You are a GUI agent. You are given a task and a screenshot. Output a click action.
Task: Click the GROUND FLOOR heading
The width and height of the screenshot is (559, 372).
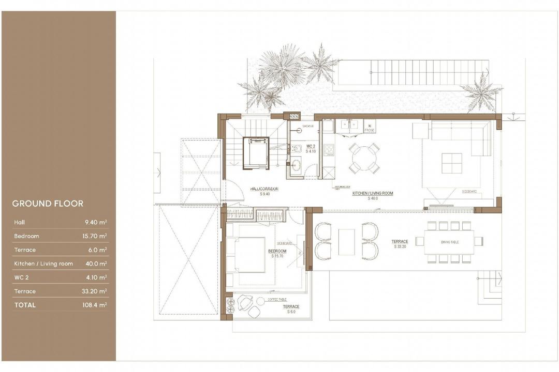coord(48,204)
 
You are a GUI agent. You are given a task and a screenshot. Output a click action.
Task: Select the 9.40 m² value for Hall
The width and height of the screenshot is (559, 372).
coord(96,222)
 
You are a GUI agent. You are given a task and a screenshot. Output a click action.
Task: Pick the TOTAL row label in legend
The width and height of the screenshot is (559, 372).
coord(25,305)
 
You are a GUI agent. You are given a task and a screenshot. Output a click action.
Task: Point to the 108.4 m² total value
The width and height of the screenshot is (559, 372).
coord(95,305)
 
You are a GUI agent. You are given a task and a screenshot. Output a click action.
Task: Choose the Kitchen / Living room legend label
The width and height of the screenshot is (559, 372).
coord(43,263)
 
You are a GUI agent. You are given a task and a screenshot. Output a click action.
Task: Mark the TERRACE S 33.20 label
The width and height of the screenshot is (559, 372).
coord(400,243)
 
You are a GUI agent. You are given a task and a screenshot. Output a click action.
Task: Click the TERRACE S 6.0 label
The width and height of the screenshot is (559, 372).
coord(291,309)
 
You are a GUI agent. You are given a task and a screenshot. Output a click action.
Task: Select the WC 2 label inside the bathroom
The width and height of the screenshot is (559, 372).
coord(311,149)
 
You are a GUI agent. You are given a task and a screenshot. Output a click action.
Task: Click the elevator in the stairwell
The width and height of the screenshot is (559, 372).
coord(256,152)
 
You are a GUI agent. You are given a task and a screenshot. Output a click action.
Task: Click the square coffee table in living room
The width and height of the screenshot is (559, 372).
coord(451,163)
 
